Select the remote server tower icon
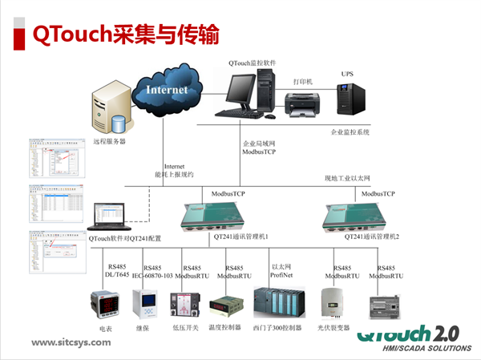pyautogui.click(x=110, y=111)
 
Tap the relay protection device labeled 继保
pyautogui.click(x=143, y=305)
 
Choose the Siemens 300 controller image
pyautogui.click(x=277, y=304)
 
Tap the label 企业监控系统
pyautogui.click(x=350, y=132)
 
